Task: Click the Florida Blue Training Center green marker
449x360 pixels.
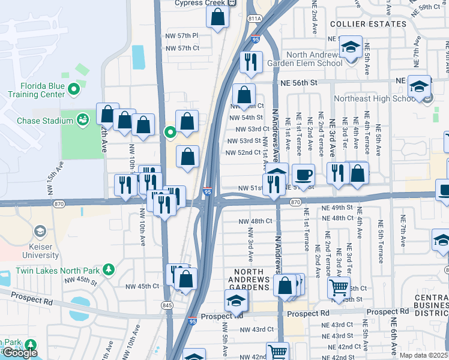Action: (74, 90)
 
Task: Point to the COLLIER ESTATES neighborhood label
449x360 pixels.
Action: (369, 24)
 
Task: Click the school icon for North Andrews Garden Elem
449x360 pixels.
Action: (350, 46)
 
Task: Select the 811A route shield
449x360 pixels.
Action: (254, 19)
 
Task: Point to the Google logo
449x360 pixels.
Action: (19, 353)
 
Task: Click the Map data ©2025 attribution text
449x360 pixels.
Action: (423, 355)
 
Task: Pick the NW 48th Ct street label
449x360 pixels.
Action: (253, 221)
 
